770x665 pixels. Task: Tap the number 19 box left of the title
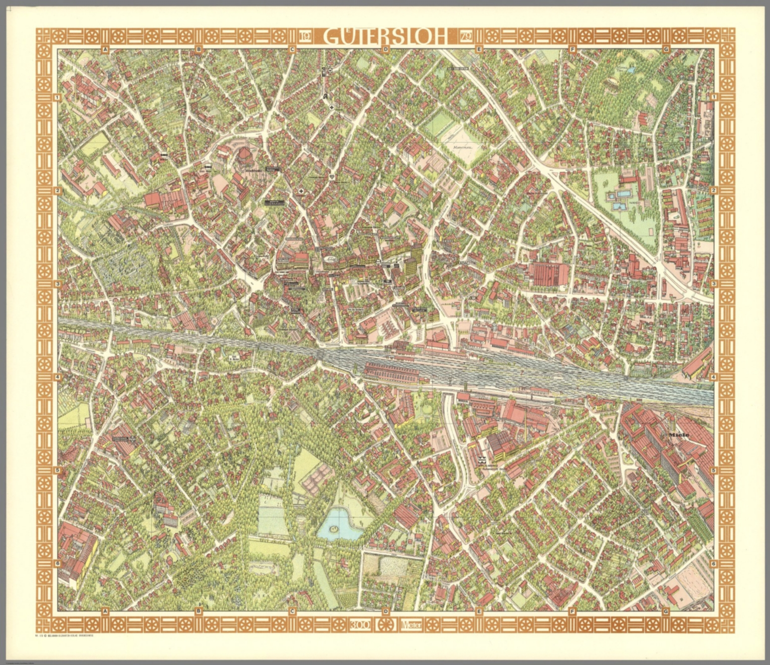(305, 37)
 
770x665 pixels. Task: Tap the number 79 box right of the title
(465, 37)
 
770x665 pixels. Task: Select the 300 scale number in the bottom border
(360, 625)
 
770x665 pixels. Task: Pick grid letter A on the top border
(105, 49)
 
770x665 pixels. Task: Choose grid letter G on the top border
(666, 49)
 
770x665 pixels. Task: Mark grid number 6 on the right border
(713, 563)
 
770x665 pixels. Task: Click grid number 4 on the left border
(58, 377)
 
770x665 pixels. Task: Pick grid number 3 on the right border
(713, 284)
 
